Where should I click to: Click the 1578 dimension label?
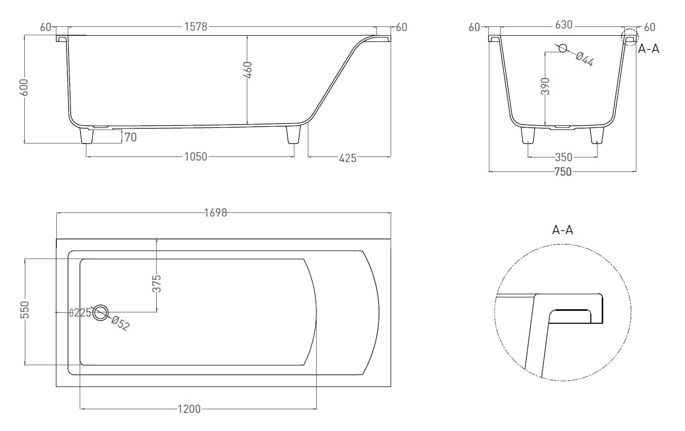(196, 27)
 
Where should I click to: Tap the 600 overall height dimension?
(24, 87)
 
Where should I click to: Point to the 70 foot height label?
(130, 137)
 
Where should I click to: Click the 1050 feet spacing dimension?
(196, 157)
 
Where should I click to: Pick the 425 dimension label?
(348, 159)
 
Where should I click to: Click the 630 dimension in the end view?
(563, 25)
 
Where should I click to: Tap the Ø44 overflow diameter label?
(585, 60)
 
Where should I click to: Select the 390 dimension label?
(545, 87)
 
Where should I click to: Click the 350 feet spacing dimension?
(563, 157)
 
